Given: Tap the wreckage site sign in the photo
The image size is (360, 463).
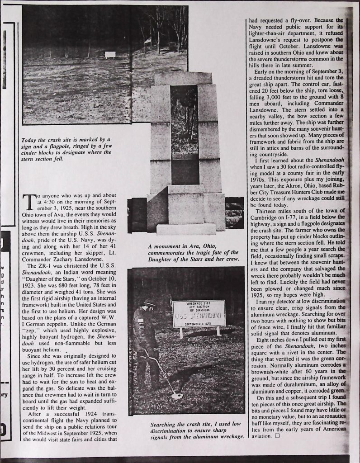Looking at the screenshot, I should coord(199,313).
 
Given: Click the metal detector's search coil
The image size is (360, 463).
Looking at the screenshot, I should coord(177,396).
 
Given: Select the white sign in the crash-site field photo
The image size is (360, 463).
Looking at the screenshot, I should coord(110,55).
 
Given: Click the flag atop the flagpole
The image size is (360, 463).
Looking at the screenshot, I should coord(147,40).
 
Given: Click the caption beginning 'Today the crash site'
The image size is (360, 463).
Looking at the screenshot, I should coord(66,149).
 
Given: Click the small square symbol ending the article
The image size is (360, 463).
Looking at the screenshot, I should coord(277,436).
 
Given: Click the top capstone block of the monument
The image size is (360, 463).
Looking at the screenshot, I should coord(183,78).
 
